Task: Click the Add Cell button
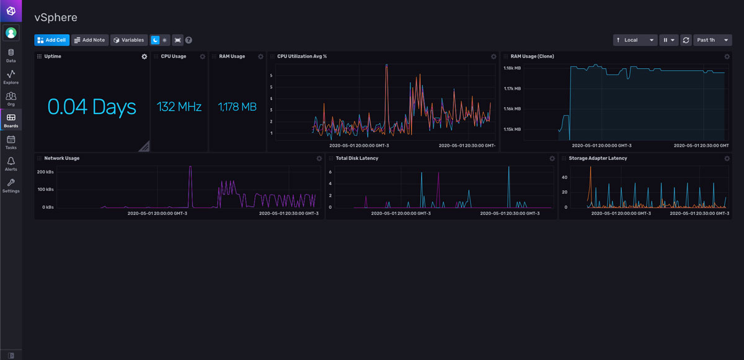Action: (x=51, y=40)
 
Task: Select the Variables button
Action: (x=129, y=40)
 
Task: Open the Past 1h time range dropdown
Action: (x=712, y=40)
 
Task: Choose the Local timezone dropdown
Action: (x=635, y=40)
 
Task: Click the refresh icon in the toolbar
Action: (x=686, y=40)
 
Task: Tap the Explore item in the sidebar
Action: (x=11, y=77)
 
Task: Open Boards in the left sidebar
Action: (x=11, y=120)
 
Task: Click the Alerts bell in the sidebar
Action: (x=11, y=164)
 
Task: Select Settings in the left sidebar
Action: (x=11, y=185)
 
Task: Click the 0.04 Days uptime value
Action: (x=92, y=107)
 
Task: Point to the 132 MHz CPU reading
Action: (x=179, y=107)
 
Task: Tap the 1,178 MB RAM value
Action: (x=237, y=107)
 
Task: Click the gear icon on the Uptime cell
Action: (x=144, y=56)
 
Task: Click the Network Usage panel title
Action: (x=62, y=158)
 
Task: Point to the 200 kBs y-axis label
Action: (x=46, y=172)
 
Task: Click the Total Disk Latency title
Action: (x=357, y=158)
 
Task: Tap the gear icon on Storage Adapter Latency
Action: (x=727, y=159)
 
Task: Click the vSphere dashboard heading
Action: (x=56, y=18)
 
